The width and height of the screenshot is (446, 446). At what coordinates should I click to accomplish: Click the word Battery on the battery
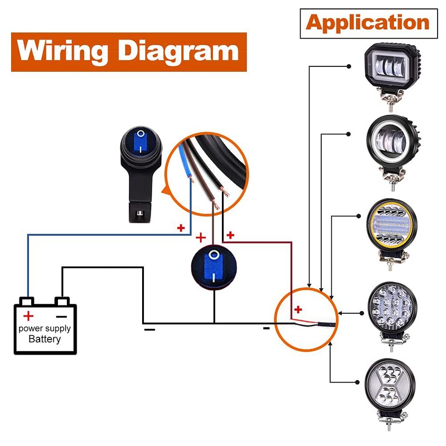point(45,339)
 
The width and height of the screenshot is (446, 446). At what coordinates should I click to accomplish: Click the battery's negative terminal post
point(64,303)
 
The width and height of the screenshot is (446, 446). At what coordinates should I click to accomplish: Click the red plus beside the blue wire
point(180,228)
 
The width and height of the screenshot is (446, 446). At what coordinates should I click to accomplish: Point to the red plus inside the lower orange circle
point(298,309)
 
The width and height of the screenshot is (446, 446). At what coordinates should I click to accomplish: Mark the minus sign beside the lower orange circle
point(266,328)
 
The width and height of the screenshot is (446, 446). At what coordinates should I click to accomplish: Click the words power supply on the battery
point(45,328)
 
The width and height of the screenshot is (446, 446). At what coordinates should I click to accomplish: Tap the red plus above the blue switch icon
point(201,237)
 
